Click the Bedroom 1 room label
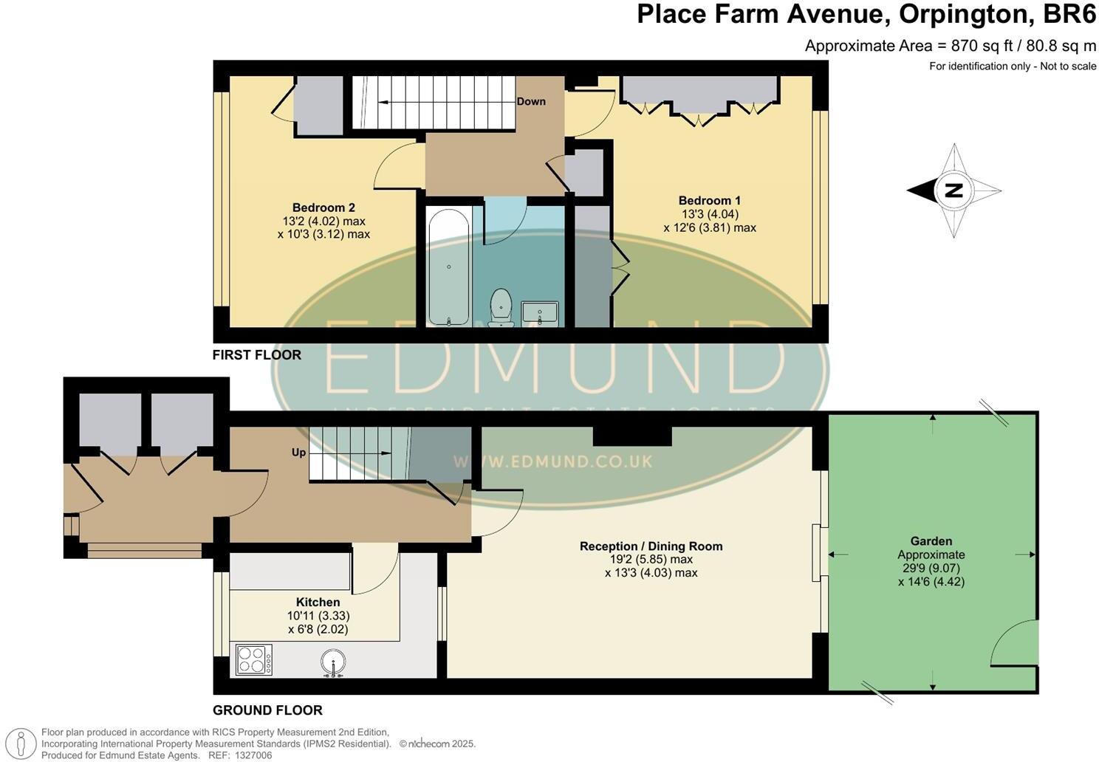709,201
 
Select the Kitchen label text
318,602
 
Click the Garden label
931,541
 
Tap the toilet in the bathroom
501,306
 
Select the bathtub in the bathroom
448,268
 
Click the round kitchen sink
334,662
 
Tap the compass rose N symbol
954,190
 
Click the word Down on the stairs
531,101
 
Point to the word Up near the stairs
298,452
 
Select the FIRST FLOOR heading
256,355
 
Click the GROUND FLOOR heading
267,710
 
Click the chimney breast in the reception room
632,436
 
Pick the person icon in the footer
22,743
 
